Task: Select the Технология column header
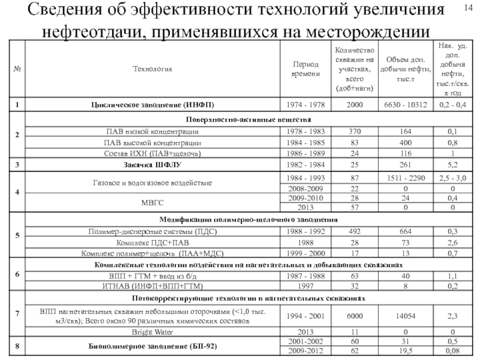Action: pos(154,69)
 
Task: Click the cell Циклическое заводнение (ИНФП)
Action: pos(154,104)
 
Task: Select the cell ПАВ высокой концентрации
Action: pos(154,143)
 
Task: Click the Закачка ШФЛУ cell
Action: pos(154,163)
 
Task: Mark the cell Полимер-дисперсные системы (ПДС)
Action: pos(154,230)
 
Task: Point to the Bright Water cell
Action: pos(154,331)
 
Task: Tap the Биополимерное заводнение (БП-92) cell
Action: pos(154,346)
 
